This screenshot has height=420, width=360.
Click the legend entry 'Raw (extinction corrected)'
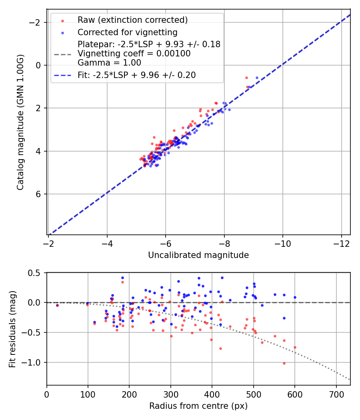(x=132, y=20)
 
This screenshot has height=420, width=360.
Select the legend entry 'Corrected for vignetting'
(x=128, y=32)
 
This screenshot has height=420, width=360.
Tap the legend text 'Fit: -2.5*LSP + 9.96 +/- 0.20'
(x=136, y=75)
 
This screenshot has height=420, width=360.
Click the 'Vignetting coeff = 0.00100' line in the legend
(x=134, y=54)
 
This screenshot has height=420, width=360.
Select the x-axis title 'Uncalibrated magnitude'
(x=198, y=255)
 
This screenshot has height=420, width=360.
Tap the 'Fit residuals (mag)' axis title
(x=12, y=329)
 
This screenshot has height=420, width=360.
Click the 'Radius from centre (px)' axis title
(x=198, y=406)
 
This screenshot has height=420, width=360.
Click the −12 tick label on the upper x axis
(x=341, y=244)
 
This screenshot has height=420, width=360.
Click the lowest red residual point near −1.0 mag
(x=284, y=363)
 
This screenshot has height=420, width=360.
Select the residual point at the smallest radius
(x=57, y=305)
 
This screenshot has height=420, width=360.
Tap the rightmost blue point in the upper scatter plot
(x=257, y=78)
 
